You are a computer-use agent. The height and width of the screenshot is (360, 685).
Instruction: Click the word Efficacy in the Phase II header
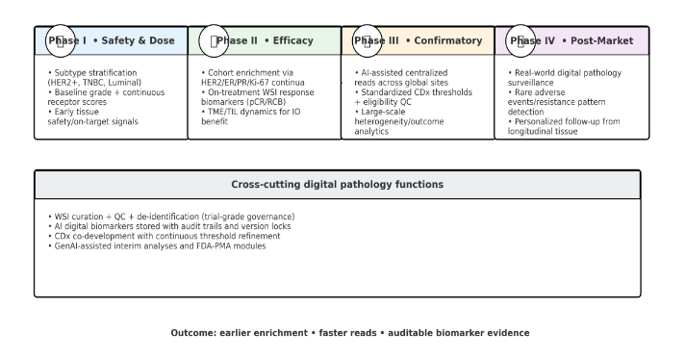pyautogui.click(x=292, y=41)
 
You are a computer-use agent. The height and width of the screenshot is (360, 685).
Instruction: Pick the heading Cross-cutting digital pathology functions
pyautogui.click(x=337, y=184)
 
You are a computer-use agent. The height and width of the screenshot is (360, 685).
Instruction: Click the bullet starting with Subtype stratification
pyautogui.click(x=93, y=72)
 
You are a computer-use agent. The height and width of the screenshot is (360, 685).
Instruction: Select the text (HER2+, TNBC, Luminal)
pyautogui.click(x=92, y=82)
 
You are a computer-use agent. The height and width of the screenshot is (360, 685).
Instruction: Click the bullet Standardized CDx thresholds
pyautogui.click(x=414, y=92)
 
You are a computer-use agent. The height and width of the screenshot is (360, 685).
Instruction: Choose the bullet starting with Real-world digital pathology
pyautogui.click(x=565, y=72)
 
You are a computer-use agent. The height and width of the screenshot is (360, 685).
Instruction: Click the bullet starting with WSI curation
pyautogui.click(x=171, y=217)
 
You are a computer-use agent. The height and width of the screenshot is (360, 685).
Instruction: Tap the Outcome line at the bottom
pyautogui.click(x=350, y=333)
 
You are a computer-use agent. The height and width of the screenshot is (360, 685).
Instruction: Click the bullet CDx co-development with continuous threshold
pyautogui.click(x=164, y=236)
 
